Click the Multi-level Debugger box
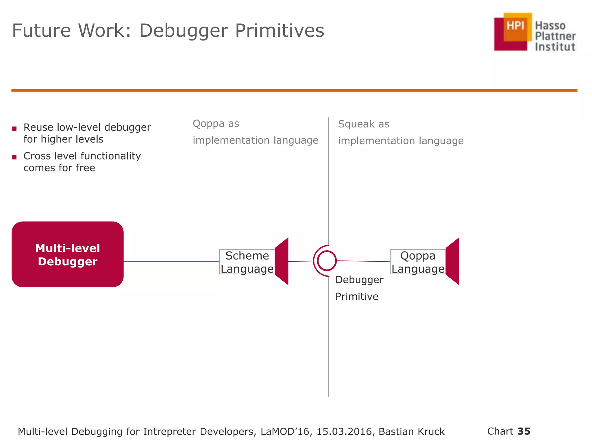point(67,254)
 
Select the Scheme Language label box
point(247,262)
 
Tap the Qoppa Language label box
point(418,262)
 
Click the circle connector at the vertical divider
point(327,261)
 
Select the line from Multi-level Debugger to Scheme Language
point(171,262)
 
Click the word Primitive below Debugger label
point(357,297)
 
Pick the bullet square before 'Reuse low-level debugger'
point(14,129)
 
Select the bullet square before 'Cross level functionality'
point(14,157)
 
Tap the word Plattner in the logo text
point(555,36)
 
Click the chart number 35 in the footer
point(524,431)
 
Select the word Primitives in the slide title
point(280,30)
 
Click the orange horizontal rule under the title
point(294,90)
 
